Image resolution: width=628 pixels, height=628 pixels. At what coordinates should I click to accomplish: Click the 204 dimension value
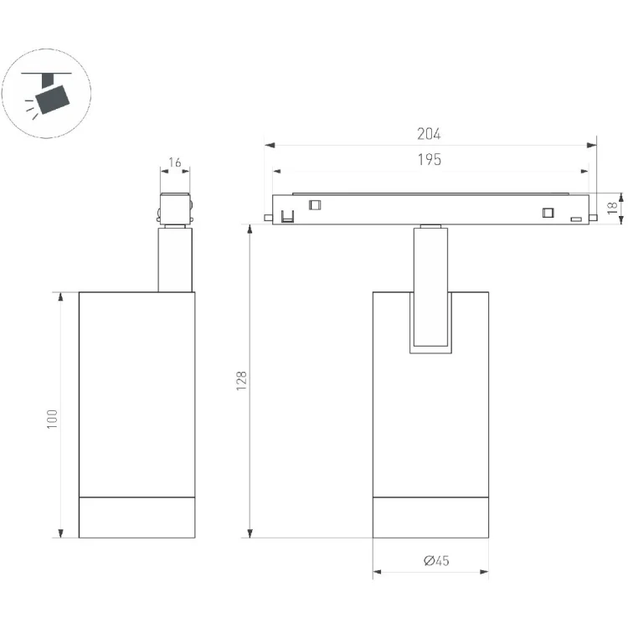click(429, 134)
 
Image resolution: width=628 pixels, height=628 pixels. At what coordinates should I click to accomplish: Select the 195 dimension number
click(430, 159)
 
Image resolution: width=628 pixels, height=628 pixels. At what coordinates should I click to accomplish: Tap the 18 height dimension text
click(612, 208)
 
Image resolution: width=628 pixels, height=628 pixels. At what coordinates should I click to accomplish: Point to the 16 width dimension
click(175, 162)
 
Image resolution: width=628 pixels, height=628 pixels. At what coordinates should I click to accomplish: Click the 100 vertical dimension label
click(52, 420)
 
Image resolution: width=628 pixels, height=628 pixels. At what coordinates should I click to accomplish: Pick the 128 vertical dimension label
click(241, 381)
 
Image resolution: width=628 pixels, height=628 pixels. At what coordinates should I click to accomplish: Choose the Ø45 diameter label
click(436, 560)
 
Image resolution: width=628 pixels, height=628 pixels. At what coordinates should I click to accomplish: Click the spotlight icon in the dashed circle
click(47, 95)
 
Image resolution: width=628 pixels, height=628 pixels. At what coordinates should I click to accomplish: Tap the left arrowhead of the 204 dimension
click(270, 145)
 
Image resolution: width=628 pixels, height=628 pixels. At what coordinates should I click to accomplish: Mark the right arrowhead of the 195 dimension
click(584, 172)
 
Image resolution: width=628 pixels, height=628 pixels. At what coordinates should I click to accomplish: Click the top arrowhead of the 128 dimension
click(250, 230)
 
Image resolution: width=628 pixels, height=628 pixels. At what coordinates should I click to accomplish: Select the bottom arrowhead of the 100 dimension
click(61, 533)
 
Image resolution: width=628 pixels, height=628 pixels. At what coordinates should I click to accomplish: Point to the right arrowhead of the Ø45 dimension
click(484, 572)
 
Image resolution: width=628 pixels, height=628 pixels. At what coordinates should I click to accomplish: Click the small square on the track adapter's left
click(315, 205)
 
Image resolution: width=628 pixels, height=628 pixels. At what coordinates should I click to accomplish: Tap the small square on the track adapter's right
click(548, 213)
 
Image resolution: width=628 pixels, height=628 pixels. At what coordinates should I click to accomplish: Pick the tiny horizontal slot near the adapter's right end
click(576, 219)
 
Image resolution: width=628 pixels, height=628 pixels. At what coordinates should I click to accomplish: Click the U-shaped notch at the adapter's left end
click(287, 216)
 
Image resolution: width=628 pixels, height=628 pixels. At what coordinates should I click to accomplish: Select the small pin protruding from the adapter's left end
click(268, 218)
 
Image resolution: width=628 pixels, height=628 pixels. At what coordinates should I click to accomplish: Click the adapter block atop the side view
click(175, 208)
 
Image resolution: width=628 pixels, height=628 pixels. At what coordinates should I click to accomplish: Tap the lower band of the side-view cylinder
click(137, 517)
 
